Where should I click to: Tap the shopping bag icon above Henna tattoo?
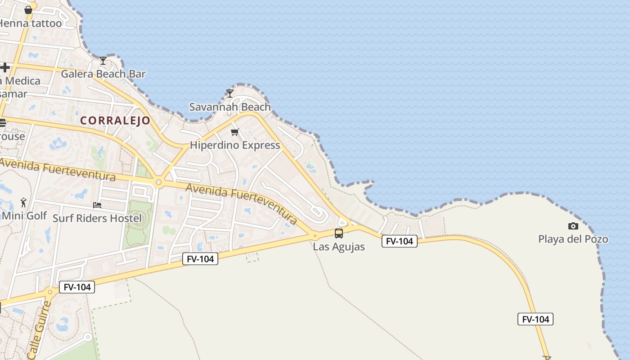point(28,10)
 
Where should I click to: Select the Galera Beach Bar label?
point(103,74)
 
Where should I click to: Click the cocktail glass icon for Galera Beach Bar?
point(103,61)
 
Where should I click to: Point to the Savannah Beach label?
point(229,107)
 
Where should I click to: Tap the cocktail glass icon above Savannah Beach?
point(230,94)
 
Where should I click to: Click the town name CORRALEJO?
point(115,121)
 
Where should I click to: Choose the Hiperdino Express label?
point(234,145)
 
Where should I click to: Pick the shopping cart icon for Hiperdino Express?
point(234,132)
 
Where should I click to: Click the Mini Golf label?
point(24,216)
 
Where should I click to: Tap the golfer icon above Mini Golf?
point(24,202)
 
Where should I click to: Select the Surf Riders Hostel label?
point(97,219)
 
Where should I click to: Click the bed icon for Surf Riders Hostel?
point(97,205)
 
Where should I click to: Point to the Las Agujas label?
point(338,247)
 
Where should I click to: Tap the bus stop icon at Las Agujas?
point(339,234)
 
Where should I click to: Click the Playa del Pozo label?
point(573,239)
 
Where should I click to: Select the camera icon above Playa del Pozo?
point(573,226)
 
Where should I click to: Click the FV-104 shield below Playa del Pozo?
point(535,319)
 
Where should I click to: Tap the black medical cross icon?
point(5,68)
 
